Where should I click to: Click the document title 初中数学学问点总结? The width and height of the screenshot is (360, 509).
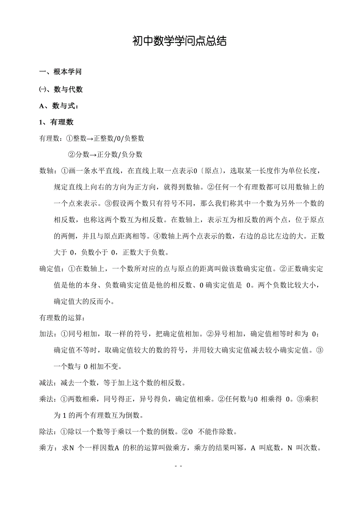(x=180, y=41)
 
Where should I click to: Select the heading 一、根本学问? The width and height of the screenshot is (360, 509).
(x=61, y=72)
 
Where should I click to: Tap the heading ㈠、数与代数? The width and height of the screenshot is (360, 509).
(x=61, y=89)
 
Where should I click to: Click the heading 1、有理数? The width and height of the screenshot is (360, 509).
(x=56, y=122)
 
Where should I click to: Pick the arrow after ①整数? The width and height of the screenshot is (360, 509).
(x=90, y=138)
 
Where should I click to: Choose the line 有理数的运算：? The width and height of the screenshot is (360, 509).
(x=61, y=318)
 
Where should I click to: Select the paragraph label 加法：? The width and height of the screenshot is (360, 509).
(x=48, y=334)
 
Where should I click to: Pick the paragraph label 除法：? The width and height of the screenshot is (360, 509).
(x=48, y=432)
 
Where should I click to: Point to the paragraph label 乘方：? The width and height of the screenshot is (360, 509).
(x=48, y=448)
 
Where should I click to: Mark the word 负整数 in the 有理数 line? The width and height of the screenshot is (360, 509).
(x=134, y=138)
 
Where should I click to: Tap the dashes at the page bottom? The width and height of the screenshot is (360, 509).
(x=179, y=466)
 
